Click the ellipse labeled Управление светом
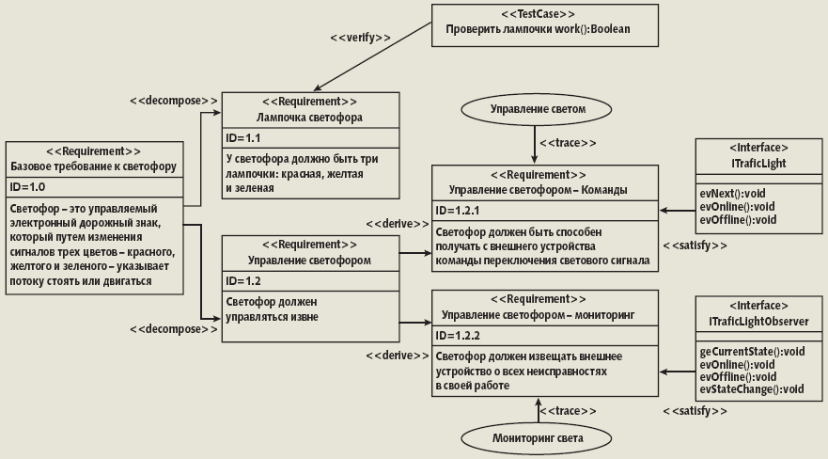coord(539,109)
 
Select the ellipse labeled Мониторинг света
coord(539,438)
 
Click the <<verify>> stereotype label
coord(360,38)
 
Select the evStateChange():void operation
coord(752,388)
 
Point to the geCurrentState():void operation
coord(752,351)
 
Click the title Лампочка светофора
coord(309,117)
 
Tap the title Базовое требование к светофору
coord(93,166)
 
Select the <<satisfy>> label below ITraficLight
coord(695,245)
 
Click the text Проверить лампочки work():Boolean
coord(538,29)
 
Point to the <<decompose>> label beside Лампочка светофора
coord(174,99)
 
